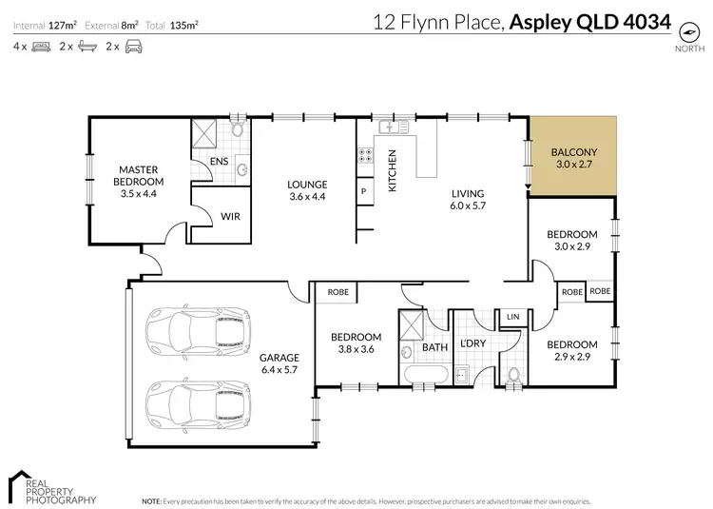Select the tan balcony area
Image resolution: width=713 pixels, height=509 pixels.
[573, 156]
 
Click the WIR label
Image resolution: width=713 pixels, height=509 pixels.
[229, 216]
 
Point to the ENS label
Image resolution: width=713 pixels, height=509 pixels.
[219, 161]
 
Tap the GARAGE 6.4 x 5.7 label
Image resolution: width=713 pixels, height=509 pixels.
[279, 364]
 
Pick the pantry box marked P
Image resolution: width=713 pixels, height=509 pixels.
[363, 190]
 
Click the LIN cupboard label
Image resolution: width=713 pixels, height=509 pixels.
[512, 316]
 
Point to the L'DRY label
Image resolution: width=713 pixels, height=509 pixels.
[472, 344]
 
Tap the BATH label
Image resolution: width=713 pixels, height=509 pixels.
[434, 347]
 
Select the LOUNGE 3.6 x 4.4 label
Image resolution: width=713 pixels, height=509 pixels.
[307, 190]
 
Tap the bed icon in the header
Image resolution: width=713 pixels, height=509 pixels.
[40, 46]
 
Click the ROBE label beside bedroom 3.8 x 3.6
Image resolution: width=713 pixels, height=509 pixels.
[337, 293]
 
